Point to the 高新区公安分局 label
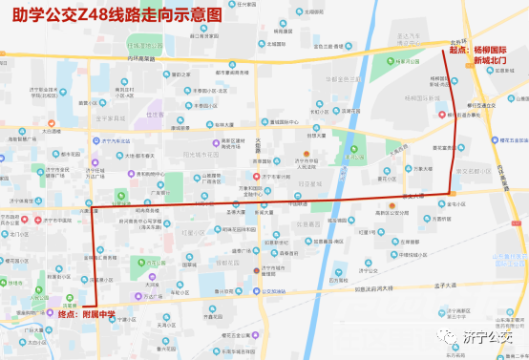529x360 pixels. tap(392, 212)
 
